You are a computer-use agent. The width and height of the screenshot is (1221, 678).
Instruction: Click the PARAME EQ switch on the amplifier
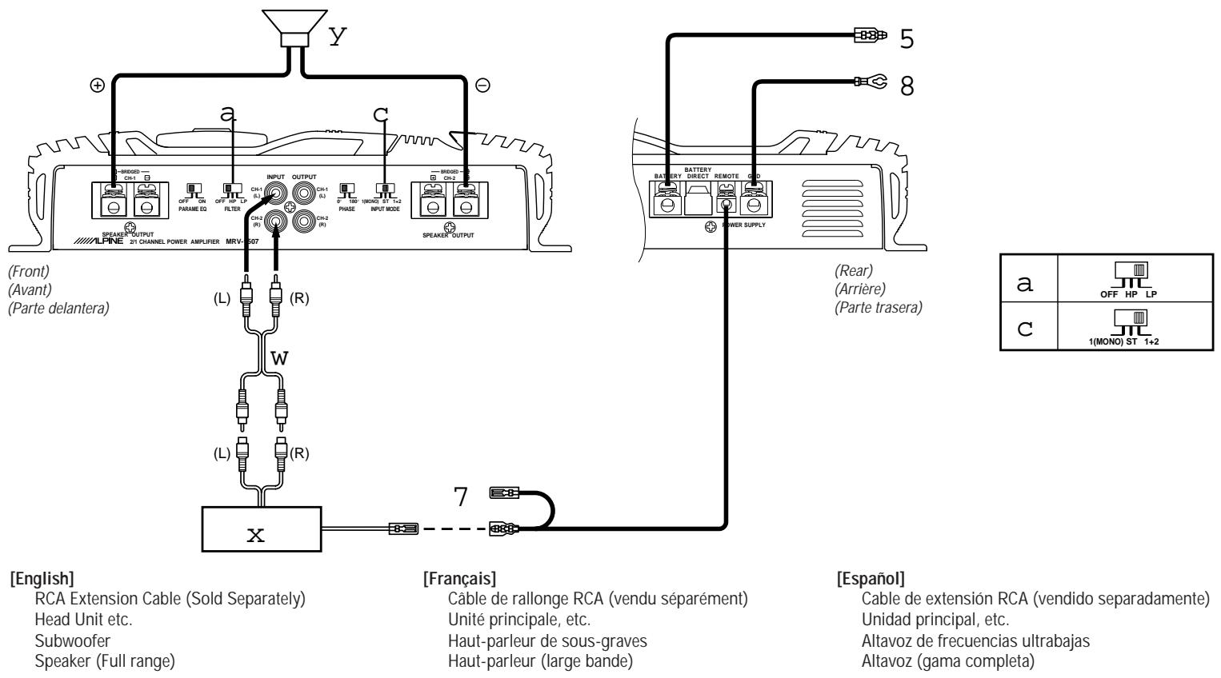pyautogui.click(x=193, y=190)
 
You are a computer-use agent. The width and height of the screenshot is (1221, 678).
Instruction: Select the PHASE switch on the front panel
pyautogui.click(x=345, y=190)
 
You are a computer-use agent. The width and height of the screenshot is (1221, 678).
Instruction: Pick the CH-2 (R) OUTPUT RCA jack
pyautogui.click(x=304, y=220)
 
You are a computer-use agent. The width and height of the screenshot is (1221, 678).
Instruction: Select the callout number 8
pyautogui.click(x=907, y=86)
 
